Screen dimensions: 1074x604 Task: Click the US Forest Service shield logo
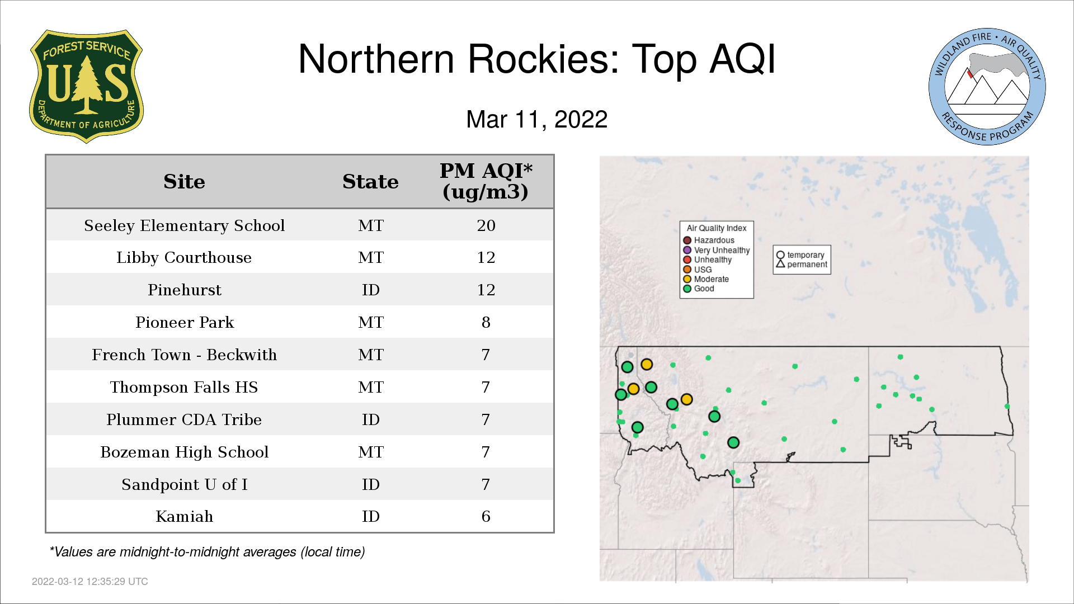click(86, 86)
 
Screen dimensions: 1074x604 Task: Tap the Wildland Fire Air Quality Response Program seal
click(987, 87)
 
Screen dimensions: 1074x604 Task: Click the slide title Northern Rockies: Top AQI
click(537, 59)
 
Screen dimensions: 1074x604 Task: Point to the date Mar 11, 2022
click(537, 119)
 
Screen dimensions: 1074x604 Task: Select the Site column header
click(184, 182)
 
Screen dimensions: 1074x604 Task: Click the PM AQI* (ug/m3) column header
click(486, 181)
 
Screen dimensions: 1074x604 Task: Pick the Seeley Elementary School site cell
click(185, 225)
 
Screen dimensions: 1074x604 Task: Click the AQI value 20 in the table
click(486, 225)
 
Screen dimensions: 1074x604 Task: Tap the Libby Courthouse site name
click(184, 258)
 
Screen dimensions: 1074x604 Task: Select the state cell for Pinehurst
click(371, 290)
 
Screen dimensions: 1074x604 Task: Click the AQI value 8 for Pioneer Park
click(486, 322)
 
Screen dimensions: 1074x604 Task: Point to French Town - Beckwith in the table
click(185, 355)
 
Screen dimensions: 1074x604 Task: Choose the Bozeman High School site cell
click(185, 452)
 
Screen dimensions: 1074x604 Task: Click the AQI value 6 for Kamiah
click(486, 516)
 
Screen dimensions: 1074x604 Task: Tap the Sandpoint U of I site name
click(185, 484)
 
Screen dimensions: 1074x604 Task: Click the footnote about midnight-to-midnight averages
click(207, 552)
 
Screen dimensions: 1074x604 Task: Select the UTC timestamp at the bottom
click(90, 582)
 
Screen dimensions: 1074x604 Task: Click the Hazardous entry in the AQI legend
click(709, 240)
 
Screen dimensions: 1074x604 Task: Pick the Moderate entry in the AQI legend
click(706, 279)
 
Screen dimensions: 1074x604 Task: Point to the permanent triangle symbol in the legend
click(780, 264)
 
